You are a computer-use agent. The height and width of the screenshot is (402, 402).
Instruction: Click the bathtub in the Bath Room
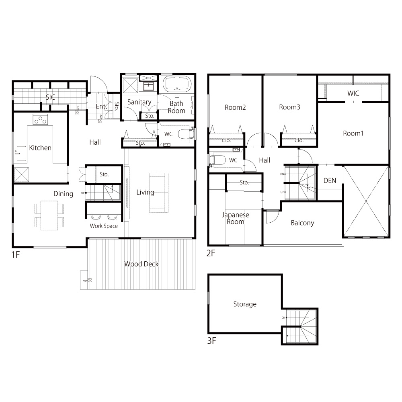(x=177, y=84)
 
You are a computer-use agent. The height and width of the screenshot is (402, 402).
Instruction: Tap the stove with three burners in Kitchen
(x=40, y=119)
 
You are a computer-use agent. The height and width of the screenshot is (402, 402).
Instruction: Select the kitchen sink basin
(x=22, y=154)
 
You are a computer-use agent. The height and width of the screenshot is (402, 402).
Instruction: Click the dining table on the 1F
(x=49, y=215)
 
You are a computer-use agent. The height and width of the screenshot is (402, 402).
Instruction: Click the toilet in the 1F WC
(x=185, y=134)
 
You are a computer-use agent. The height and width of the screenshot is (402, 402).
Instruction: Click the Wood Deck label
(x=141, y=264)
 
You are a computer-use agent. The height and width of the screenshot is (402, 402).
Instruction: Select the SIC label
(x=51, y=97)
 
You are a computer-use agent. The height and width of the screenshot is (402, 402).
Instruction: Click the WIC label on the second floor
(x=353, y=93)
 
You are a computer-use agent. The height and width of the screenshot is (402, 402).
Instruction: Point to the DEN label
(x=330, y=180)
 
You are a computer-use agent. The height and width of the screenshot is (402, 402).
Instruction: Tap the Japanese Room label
(x=235, y=218)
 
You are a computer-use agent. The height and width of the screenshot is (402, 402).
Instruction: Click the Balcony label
(x=303, y=223)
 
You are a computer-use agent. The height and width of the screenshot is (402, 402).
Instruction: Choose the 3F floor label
(x=211, y=341)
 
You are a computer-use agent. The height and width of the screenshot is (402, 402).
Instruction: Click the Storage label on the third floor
(x=245, y=304)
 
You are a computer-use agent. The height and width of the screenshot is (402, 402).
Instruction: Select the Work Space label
(x=104, y=226)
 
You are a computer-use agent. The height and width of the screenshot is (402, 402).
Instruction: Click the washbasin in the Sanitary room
(x=148, y=86)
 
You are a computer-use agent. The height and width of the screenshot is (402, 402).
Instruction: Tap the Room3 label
(x=289, y=107)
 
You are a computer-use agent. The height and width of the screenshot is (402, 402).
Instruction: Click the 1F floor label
(x=16, y=254)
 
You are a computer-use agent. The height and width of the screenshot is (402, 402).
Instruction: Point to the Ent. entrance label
(x=101, y=107)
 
